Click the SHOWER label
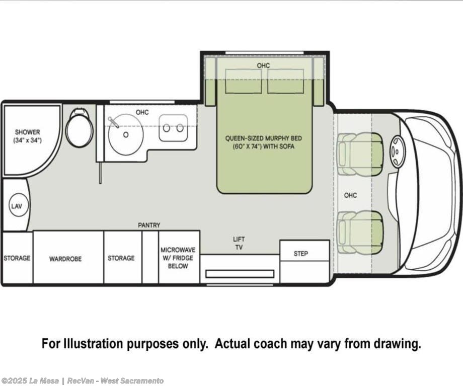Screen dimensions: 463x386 click(x=28, y=132)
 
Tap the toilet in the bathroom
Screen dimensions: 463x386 click(x=79, y=127)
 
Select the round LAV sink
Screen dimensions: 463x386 click(x=17, y=205)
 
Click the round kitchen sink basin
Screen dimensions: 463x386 click(x=126, y=134)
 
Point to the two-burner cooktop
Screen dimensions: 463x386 click(x=173, y=128)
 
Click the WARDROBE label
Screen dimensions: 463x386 click(x=65, y=259)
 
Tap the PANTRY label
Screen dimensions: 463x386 click(x=149, y=225)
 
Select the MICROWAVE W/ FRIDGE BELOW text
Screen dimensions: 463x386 click(x=178, y=258)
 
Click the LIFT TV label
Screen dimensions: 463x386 click(x=239, y=243)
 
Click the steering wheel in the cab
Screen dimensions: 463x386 click(x=396, y=151)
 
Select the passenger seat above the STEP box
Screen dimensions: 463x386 click(x=360, y=233)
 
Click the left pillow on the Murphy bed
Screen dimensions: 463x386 click(x=243, y=81)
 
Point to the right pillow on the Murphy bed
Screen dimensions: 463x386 click(x=285, y=81)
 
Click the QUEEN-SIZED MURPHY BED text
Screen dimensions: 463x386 click(x=263, y=138)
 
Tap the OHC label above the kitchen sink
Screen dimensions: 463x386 click(x=142, y=112)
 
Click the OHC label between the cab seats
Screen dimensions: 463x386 click(x=350, y=195)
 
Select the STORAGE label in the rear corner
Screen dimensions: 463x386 click(x=17, y=258)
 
